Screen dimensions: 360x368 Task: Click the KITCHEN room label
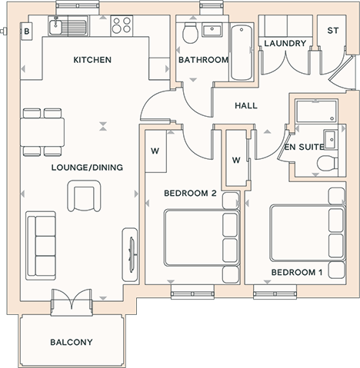pos(92,60)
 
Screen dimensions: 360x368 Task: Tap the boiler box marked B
pos(26,31)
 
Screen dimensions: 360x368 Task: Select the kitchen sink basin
pos(55,27)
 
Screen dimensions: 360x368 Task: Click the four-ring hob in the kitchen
pos(122,25)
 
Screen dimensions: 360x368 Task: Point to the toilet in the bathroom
pos(190,33)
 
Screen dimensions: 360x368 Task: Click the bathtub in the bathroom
pos(242,52)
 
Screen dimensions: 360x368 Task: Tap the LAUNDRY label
pos(285,43)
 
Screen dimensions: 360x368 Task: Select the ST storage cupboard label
pos(332,31)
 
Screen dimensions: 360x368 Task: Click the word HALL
pos(246,105)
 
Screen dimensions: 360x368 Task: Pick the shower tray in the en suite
pos(316,111)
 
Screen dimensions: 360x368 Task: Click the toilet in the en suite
pos(328,164)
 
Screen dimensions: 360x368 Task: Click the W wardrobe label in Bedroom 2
pos(155,151)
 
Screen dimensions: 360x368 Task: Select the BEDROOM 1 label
pos(297,272)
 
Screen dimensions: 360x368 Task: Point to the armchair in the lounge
pos(84,196)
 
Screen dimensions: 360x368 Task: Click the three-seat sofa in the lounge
pos(41,246)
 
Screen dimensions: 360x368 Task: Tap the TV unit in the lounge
pos(130,255)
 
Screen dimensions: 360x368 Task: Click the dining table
pos(42,132)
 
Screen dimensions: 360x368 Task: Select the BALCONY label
pos(72,342)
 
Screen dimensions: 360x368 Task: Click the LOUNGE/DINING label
pos(87,167)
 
